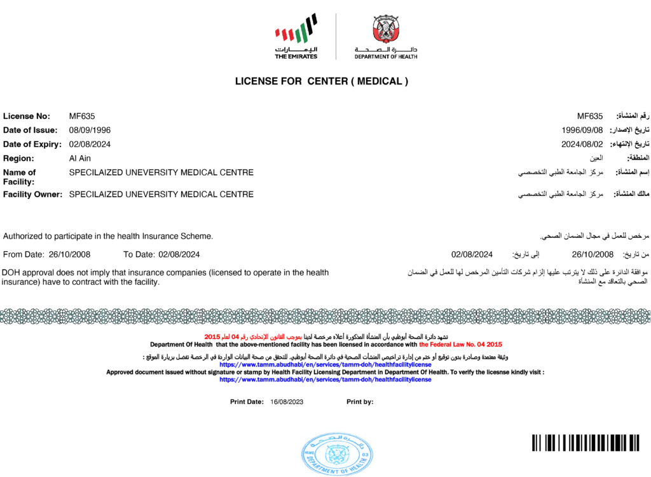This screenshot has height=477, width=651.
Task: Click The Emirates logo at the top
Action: pyautogui.click(x=296, y=37)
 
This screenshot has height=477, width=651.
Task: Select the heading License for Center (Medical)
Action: pyautogui.click(x=322, y=81)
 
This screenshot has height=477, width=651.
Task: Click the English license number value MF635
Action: pyautogui.click(x=81, y=116)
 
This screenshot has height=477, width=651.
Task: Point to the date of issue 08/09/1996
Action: pyautogui.click(x=90, y=130)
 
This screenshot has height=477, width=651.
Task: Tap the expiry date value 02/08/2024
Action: pyautogui.click(x=90, y=144)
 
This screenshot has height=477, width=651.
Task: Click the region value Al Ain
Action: pyautogui.click(x=80, y=158)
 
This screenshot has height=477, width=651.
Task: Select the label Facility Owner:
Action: pyautogui.click(x=33, y=194)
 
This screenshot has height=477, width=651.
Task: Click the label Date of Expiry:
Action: pyautogui.click(x=32, y=144)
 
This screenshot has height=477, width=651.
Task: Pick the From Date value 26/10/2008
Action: pyautogui.click(x=69, y=254)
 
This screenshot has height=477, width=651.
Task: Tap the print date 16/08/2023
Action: pyautogui.click(x=287, y=402)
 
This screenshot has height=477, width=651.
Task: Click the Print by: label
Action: pyautogui.click(x=360, y=402)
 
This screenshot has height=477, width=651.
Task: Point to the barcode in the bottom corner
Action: pyautogui.click(x=586, y=443)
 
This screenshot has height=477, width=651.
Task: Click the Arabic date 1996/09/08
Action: pyautogui.click(x=582, y=130)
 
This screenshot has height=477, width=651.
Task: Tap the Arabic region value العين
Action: pyautogui.click(x=596, y=158)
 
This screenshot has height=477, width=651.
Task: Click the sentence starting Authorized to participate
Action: pyautogui.click(x=108, y=236)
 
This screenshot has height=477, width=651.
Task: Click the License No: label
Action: pyautogui.click(x=26, y=116)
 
